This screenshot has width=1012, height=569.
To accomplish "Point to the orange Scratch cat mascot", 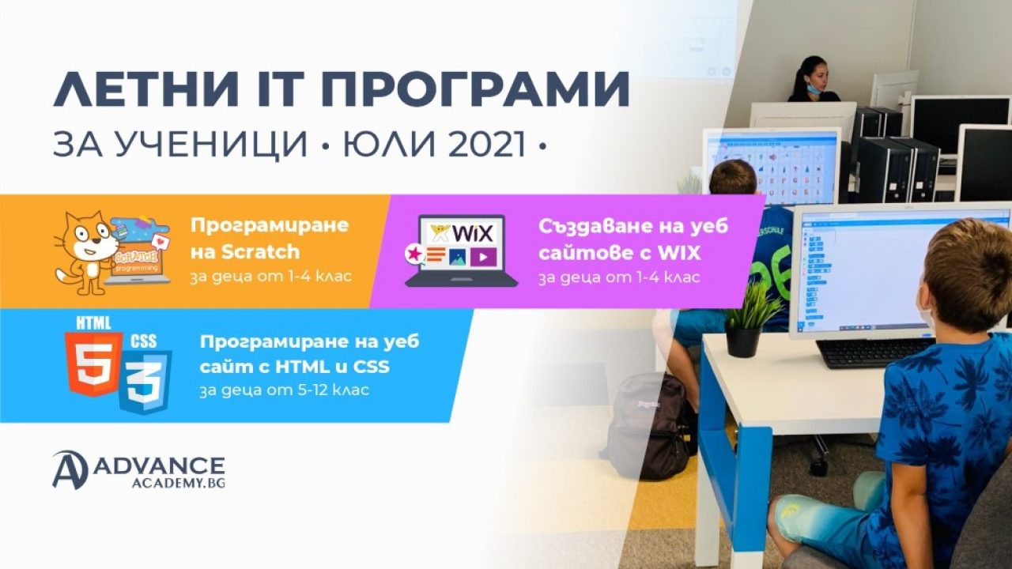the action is click(84, 252).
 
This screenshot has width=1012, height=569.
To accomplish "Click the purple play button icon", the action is click(483, 257).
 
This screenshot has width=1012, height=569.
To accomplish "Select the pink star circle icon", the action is click(413, 254).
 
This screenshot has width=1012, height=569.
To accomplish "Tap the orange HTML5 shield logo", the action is click(94, 364).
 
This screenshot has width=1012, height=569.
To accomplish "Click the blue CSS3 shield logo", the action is click(145, 382).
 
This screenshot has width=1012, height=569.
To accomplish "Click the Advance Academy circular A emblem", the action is click(70, 469).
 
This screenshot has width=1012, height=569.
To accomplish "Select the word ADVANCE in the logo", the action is click(159, 465).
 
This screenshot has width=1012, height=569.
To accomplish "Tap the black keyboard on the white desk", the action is click(874, 352).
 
